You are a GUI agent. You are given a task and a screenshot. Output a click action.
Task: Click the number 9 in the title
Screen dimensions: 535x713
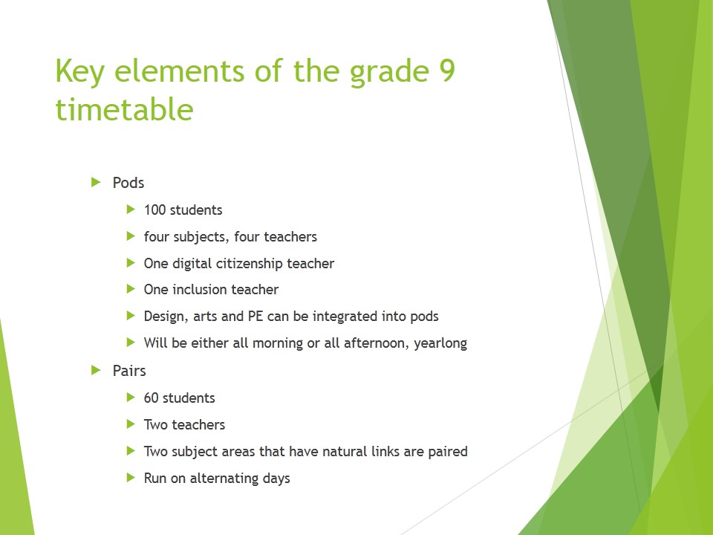pyautogui.click(x=444, y=72)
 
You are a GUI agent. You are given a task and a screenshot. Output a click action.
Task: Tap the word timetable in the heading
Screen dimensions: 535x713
pyautogui.click(x=124, y=110)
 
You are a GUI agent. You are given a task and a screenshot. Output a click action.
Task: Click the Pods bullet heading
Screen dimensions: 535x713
pyautogui.click(x=128, y=183)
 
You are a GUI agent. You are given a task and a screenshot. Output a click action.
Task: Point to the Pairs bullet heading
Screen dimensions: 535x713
pyautogui.click(x=129, y=370)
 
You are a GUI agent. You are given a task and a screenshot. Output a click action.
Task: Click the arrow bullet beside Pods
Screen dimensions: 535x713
pyautogui.click(x=95, y=182)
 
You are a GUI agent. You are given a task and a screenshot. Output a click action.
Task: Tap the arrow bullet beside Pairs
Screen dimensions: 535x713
pyautogui.click(x=95, y=369)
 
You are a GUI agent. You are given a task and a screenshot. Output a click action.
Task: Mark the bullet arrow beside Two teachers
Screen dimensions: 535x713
pyautogui.click(x=131, y=424)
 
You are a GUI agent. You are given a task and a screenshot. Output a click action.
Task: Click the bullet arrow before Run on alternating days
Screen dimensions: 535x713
pyautogui.click(x=131, y=478)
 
